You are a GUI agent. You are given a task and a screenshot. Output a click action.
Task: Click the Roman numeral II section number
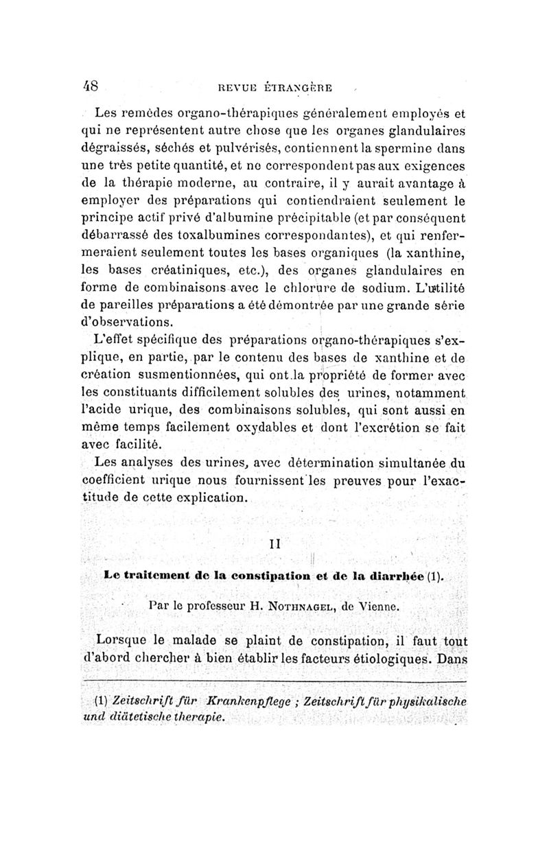(279, 544)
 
